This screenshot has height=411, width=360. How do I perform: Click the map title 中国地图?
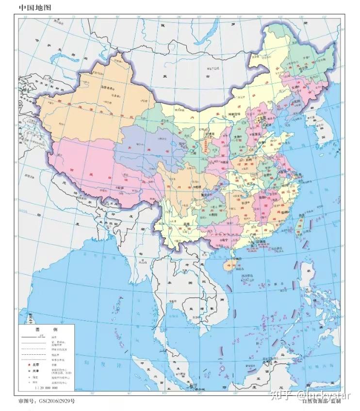click(35, 8)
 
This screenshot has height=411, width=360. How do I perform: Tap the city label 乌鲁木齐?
click(109, 88)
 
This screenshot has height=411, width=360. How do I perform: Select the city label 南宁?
click(225, 239)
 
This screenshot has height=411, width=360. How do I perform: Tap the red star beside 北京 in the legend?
click(29, 364)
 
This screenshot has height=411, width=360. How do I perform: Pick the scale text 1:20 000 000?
click(46, 388)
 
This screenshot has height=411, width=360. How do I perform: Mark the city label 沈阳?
click(297, 101)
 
